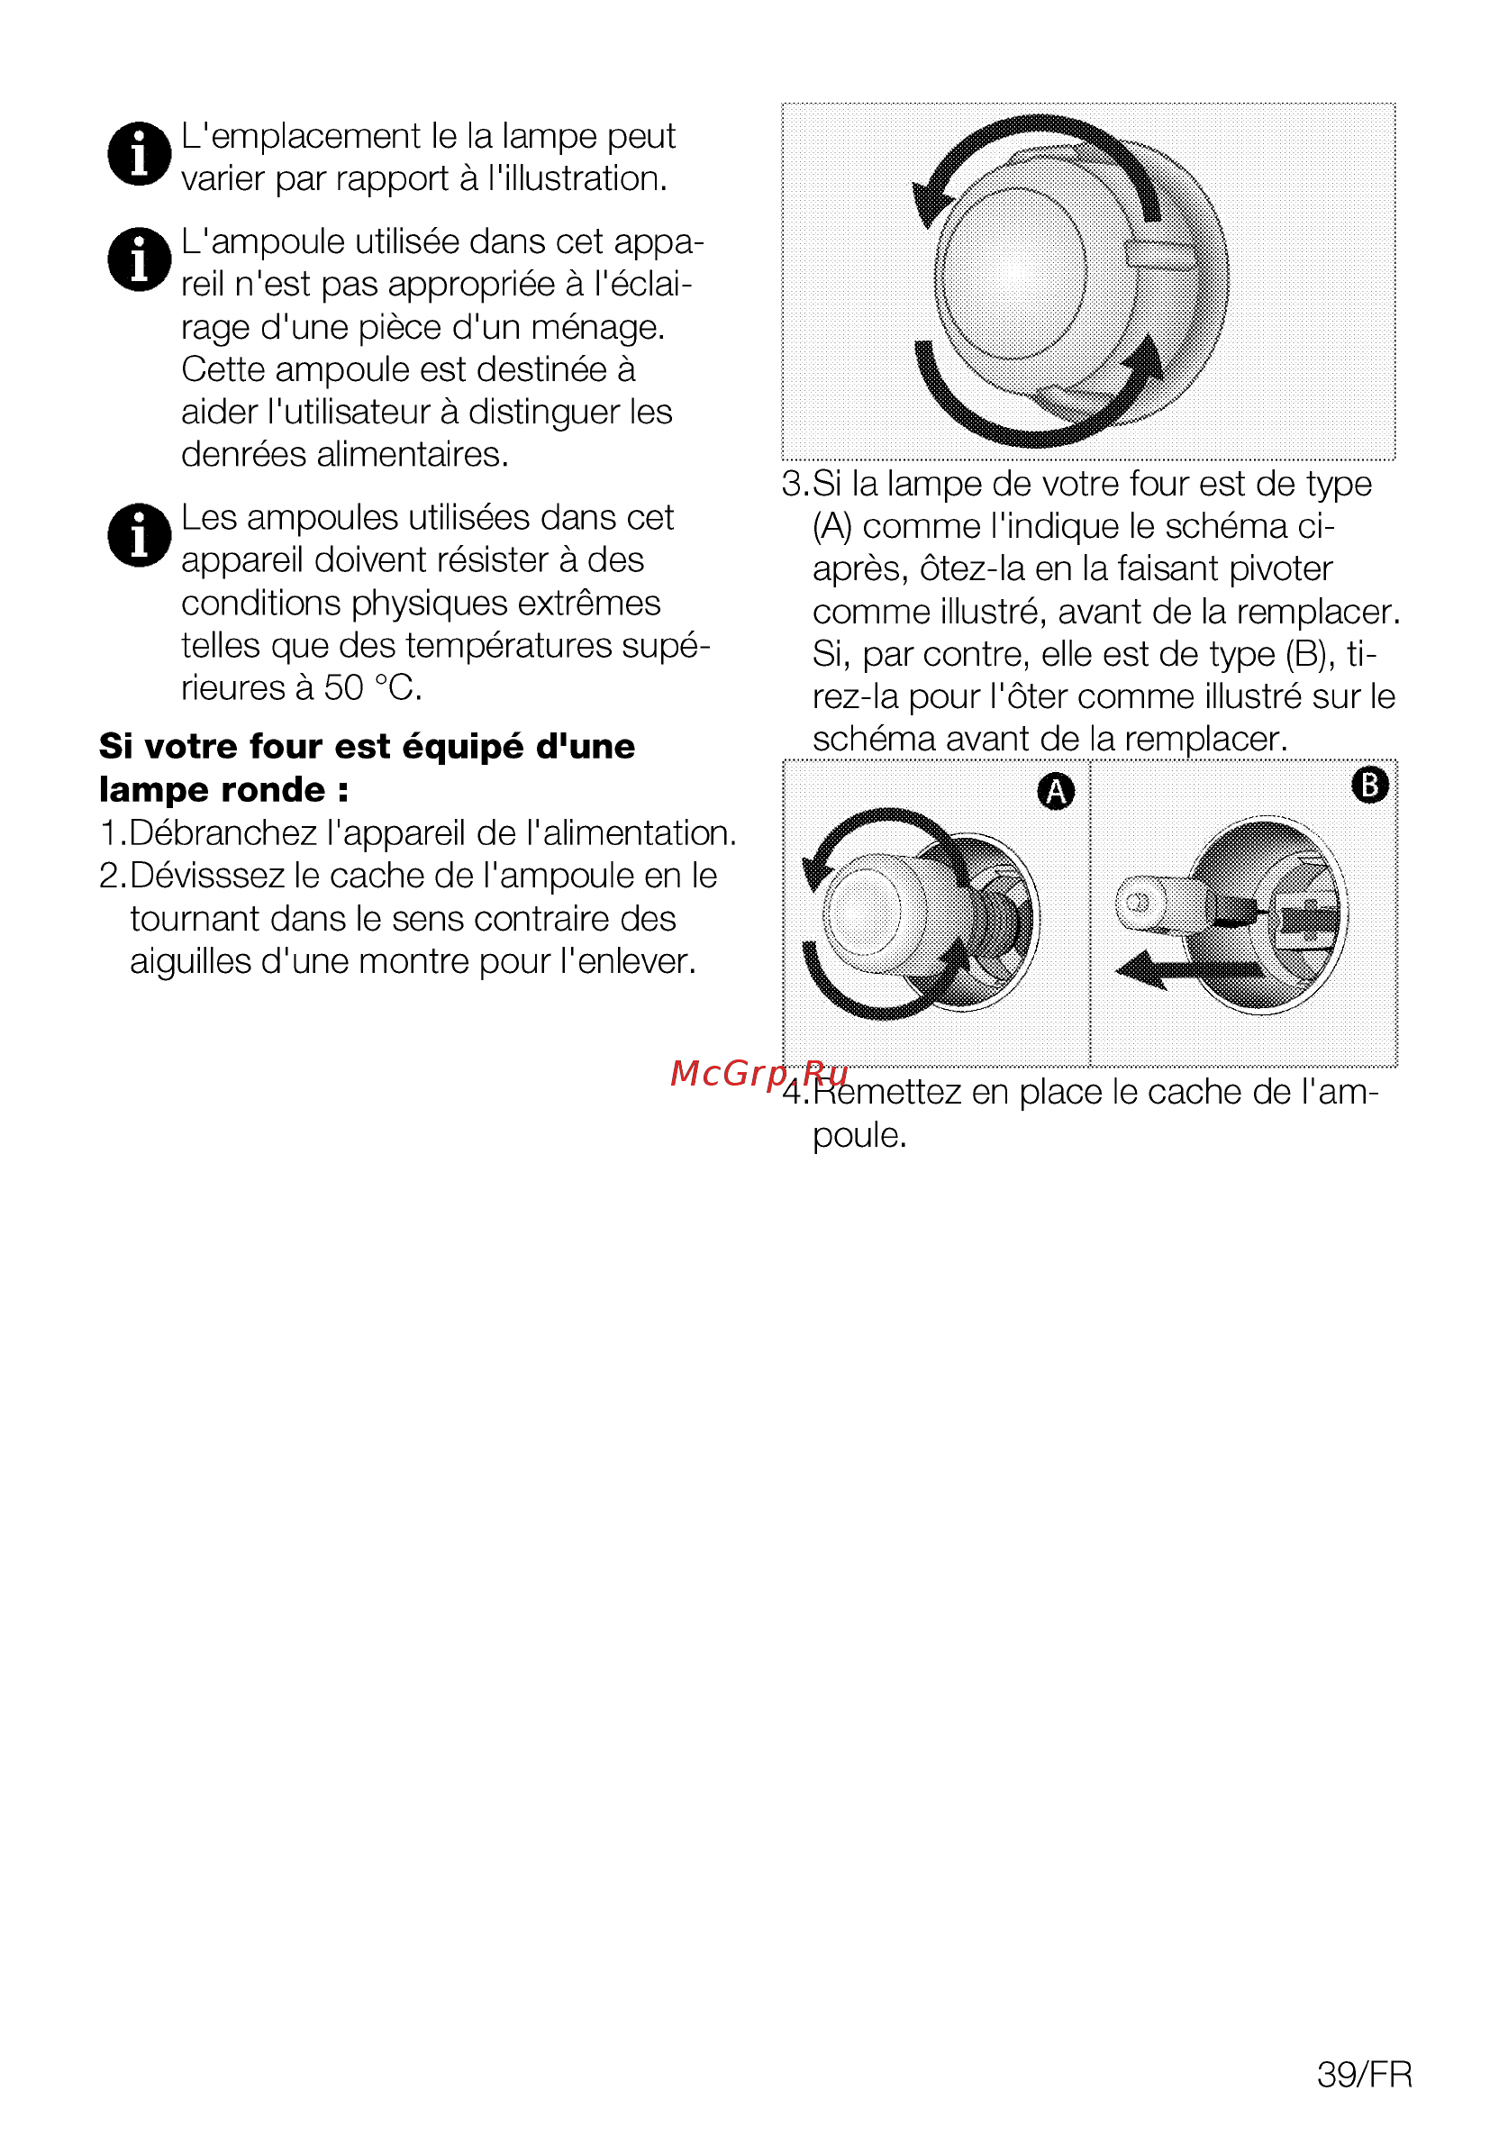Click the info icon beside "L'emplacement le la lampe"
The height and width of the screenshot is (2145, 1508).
pyautogui.click(x=140, y=153)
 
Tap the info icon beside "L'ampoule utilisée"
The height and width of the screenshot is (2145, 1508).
pyautogui.click(x=140, y=259)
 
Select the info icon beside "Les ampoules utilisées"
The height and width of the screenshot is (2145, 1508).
pyautogui.click(x=140, y=535)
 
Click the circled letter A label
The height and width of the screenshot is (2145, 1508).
pyautogui.click(x=1056, y=791)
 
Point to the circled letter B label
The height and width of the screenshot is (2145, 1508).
pyautogui.click(x=1369, y=785)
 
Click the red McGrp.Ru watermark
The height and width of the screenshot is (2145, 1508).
pyautogui.click(x=759, y=1074)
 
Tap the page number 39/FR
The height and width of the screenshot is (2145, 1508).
pyautogui.click(x=1364, y=2074)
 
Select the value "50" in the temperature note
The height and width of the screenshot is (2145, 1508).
pyautogui.click(x=343, y=687)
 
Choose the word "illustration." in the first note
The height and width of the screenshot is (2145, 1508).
pyautogui.click(x=577, y=178)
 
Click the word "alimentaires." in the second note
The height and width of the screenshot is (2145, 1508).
pyautogui.click(x=413, y=454)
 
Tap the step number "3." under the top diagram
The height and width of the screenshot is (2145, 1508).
pyautogui.click(x=796, y=484)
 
